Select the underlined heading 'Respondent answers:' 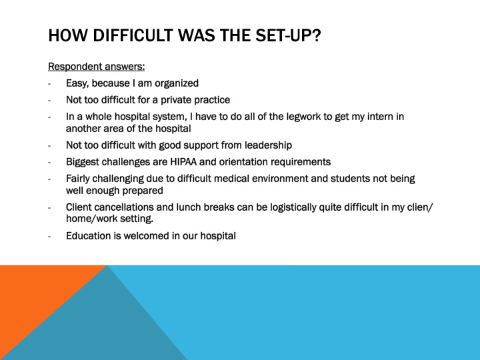tap(97, 66)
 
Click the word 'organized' tap(177, 83)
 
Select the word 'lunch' tap(192, 207)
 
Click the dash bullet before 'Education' tap(50, 236)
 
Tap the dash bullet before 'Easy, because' tap(50, 84)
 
